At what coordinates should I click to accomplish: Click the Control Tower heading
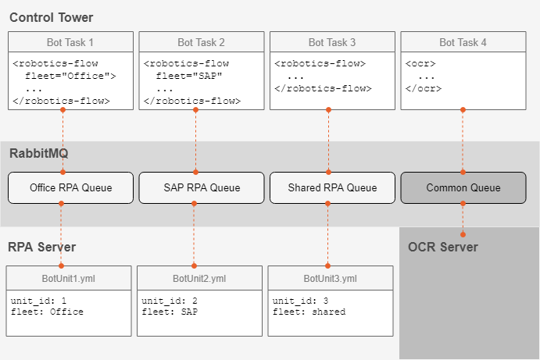(x=52, y=17)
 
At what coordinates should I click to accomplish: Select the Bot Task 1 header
(x=70, y=42)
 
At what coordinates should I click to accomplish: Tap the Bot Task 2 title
(x=201, y=42)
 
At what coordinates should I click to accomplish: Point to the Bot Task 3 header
(x=332, y=42)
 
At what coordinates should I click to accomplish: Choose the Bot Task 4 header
(x=463, y=42)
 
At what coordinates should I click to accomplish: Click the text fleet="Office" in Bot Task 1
(x=70, y=76)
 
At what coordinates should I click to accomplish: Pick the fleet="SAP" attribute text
(x=189, y=76)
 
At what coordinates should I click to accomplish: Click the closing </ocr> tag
(x=424, y=88)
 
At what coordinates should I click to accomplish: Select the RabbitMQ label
(x=39, y=153)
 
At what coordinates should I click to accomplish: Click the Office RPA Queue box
(x=70, y=188)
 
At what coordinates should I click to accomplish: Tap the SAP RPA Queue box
(x=202, y=188)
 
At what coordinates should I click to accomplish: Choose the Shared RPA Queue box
(x=332, y=188)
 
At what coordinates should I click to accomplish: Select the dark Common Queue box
(x=463, y=188)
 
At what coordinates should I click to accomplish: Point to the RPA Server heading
(x=41, y=247)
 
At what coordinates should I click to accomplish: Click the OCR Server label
(x=443, y=247)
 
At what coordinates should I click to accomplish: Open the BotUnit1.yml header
(x=69, y=278)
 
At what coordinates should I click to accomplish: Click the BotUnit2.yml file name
(x=199, y=279)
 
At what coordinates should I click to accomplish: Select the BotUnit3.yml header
(x=331, y=278)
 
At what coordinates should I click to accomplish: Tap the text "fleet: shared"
(x=309, y=312)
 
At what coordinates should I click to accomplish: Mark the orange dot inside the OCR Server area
(x=463, y=235)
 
